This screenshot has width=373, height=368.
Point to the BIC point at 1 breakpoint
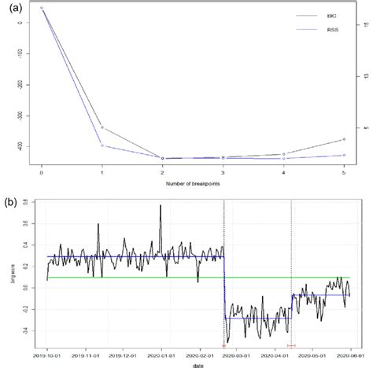coord(102,127)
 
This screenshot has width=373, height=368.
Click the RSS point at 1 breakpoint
coord(102,145)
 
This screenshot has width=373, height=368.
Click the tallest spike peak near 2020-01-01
coord(161,206)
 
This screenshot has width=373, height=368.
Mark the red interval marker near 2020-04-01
coord(291,345)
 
